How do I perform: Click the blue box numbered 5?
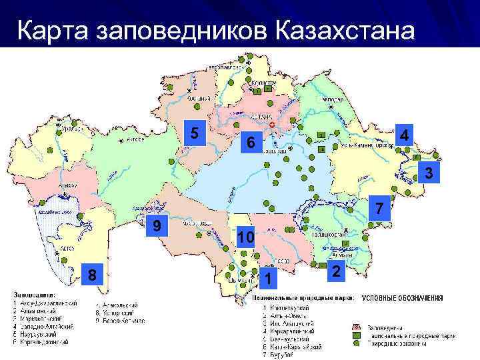tap(194, 133)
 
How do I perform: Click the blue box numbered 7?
tap(378, 208)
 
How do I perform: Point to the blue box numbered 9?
tap(156, 226)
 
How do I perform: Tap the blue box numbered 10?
tap(245, 237)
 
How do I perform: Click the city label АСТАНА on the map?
tap(262, 116)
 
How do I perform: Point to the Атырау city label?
tap(67, 186)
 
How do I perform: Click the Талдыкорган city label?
tap(326, 235)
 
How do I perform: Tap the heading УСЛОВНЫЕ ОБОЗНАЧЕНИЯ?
tap(402, 298)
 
